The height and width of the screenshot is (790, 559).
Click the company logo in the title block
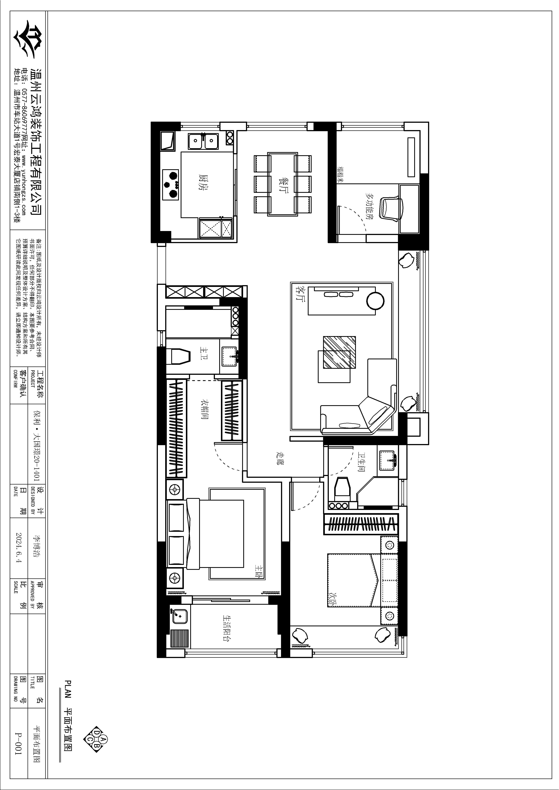[28, 40]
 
